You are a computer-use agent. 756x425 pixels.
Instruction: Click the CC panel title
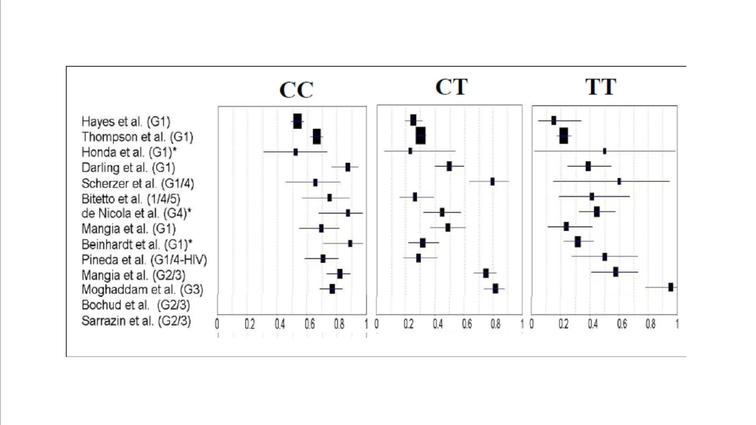click(296, 90)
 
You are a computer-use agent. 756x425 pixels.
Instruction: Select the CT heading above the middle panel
click(451, 87)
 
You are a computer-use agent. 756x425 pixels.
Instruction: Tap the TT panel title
click(600, 87)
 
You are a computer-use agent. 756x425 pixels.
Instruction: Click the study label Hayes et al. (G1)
click(126, 122)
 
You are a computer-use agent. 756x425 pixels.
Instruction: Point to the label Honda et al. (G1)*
click(129, 152)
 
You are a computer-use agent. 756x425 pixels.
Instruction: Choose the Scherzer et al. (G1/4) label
click(137, 184)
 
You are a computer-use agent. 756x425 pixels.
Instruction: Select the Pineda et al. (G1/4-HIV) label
click(144, 260)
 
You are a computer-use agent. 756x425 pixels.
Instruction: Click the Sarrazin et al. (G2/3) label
click(136, 321)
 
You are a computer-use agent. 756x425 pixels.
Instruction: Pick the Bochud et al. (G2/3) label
click(135, 305)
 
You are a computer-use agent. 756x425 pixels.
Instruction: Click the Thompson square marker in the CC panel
click(317, 137)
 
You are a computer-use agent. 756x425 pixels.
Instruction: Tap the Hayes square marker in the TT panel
click(554, 121)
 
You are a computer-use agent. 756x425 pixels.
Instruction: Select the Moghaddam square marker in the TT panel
click(671, 287)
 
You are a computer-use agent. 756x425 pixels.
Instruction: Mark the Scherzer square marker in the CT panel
click(492, 182)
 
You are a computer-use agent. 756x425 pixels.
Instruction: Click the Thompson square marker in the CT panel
click(421, 135)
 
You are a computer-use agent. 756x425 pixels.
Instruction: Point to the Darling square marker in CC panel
click(348, 167)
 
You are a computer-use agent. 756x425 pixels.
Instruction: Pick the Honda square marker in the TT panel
click(604, 151)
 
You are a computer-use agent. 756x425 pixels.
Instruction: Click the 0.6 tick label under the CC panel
click(309, 324)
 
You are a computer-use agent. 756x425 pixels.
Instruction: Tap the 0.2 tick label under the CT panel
click(408, 324)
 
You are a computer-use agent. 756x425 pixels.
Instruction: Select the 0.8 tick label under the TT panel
click(650, 324)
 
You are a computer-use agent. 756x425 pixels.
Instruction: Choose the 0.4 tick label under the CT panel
click(437, 324)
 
